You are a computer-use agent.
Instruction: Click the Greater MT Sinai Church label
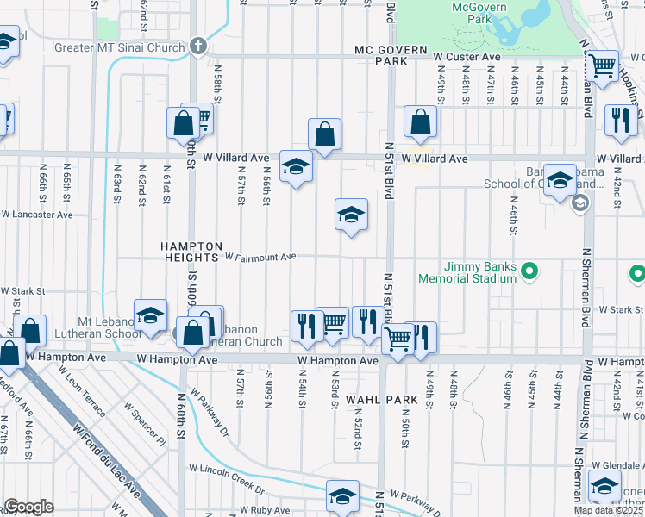120,47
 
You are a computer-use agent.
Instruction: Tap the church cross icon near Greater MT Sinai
198,45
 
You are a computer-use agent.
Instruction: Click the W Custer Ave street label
467,56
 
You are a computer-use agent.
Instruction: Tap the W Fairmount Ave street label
260,257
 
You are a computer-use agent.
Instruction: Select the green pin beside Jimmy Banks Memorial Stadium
529,273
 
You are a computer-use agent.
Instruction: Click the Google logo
28,508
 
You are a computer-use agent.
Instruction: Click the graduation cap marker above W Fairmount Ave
351,215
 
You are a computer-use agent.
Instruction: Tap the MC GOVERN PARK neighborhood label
391,56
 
